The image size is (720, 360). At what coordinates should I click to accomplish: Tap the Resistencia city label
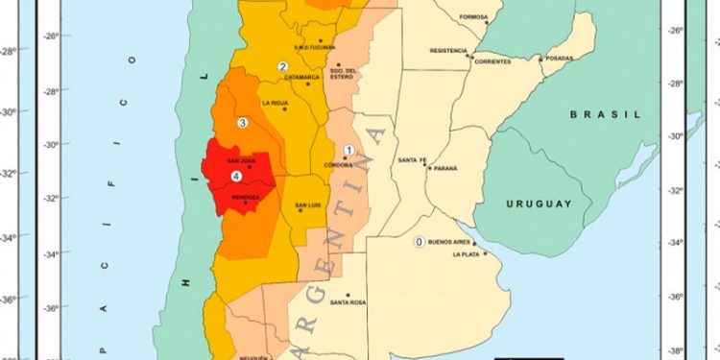pos(448,50)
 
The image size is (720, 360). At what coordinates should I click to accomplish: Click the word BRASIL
pos(605,113)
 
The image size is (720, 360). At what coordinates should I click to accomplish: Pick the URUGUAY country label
pos(539,204)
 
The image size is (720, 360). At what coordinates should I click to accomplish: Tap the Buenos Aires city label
pos(454,242)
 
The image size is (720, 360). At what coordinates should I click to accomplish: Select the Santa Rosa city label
pos(348,303)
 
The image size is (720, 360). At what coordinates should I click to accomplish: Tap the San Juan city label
pos(240,160)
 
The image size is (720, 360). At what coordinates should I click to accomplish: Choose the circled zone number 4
pos(236,176)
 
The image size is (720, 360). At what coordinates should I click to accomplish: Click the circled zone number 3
pos(243,122)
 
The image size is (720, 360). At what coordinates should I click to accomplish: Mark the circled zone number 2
pos(283,66)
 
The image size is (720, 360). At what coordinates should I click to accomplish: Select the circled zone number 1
pos(349,151)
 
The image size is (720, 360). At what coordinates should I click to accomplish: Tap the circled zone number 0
pos(419,242)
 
